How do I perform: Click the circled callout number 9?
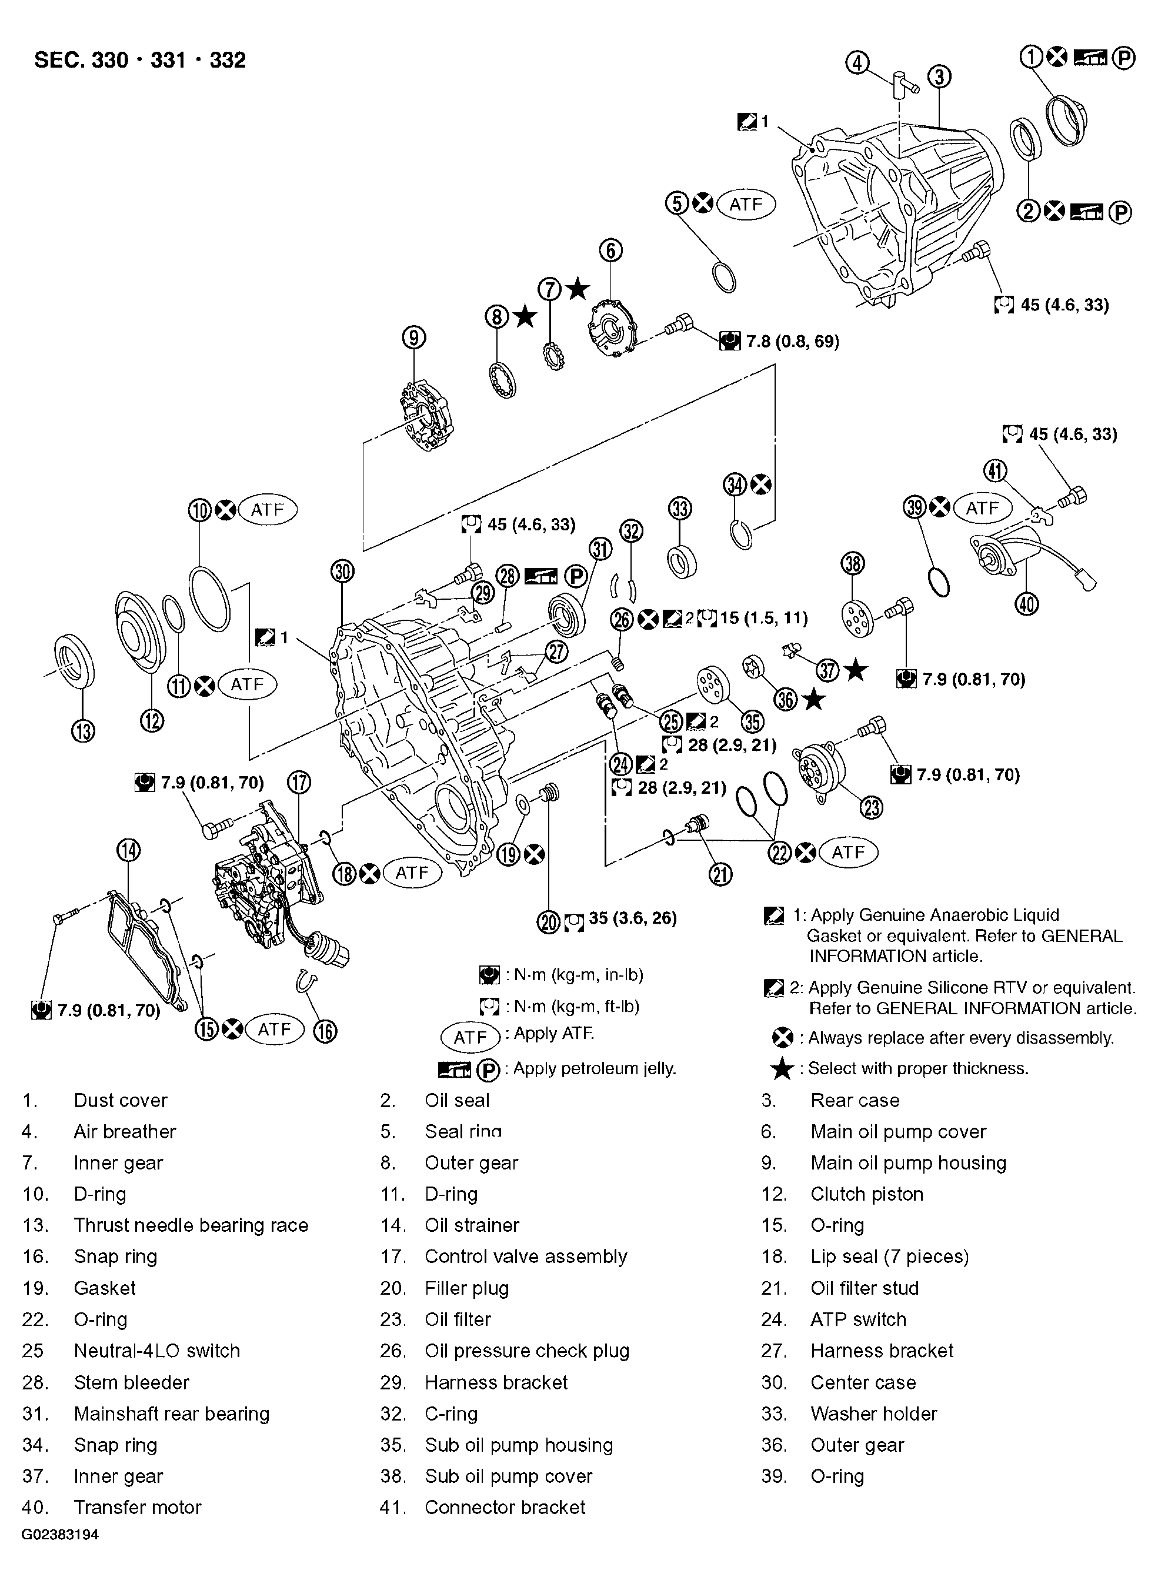click(x=414, y=339)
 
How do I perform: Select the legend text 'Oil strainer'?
click(x=472, y=1225)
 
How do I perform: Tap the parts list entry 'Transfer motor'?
click(x=138, y=1507)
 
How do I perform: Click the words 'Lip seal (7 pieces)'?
click(x=889, y=1256)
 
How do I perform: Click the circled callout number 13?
click(x=83, y=731)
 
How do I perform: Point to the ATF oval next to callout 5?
click(x=746, y=204)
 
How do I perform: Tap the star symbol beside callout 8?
click(x=525, y=317)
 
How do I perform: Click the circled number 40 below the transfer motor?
click(x=1027, y=603)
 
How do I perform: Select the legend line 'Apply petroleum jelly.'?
click(x=595, y=1069)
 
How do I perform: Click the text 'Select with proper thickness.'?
click(x=917, y=1068)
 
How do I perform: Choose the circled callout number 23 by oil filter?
click(x=872, y=808)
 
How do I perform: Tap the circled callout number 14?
click(x=128, y=851)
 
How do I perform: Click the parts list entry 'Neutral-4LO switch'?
click(x=157, y=1351)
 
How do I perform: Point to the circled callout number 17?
click(x=299, y=781)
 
